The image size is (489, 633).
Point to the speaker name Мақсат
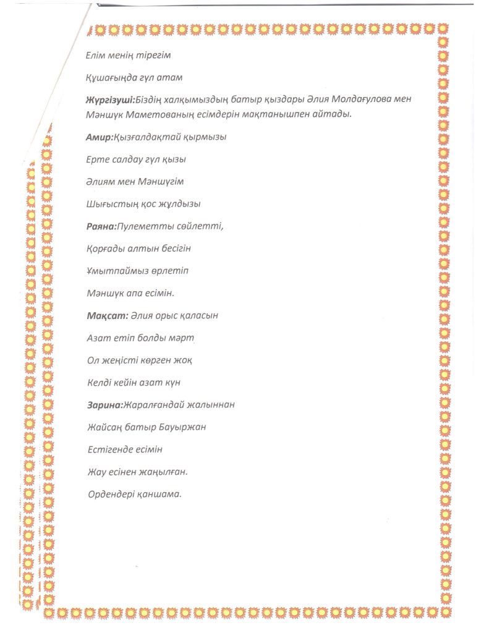pyautogui.click(x=107, y=315)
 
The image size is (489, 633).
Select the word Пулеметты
pyautogui.click(x=144, y=226)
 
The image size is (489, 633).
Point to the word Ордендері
pyautogui.click(x=111, y=493)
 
